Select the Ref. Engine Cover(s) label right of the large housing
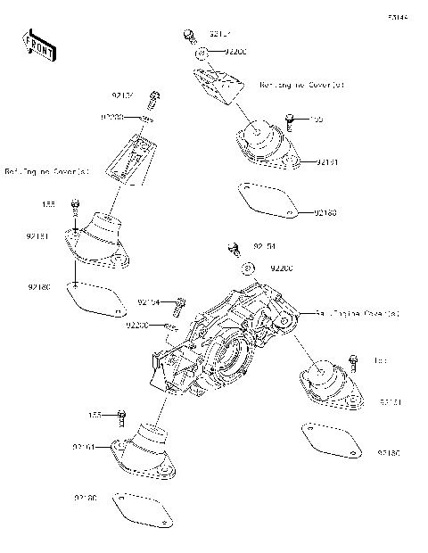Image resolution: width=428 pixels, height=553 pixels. point(356,314)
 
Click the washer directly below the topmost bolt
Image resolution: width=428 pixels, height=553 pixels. point(202,54)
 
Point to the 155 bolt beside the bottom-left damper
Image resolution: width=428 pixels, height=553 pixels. point(122,416)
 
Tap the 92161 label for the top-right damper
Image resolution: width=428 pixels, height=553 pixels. point(327,162)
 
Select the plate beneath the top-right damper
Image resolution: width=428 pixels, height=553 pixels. point(269,197)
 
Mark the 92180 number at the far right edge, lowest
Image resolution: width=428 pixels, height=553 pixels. point(390,455)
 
